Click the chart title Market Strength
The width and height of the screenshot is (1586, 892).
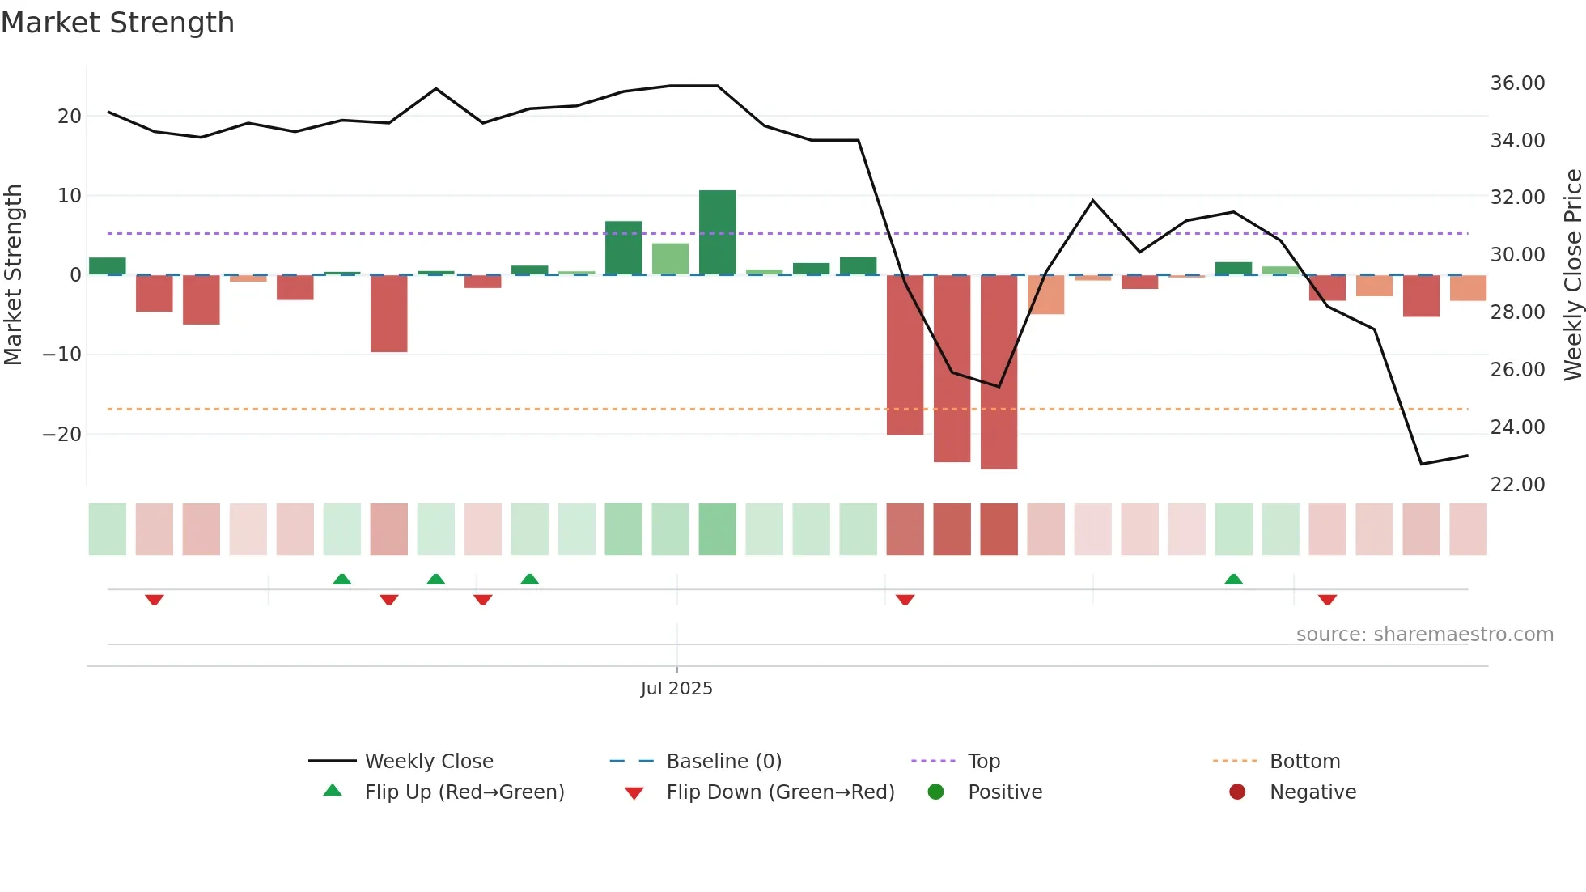click(x=117, y=23)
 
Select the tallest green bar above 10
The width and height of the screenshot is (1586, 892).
click(x=717, y=232)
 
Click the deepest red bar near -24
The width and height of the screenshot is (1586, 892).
click(x=999, y=372)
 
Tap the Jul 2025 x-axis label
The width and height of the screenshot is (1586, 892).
click(x=676, y=689)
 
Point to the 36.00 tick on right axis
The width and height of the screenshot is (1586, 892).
click(x=1517, y=83)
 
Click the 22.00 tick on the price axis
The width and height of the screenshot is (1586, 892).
click(x=1517, y=485)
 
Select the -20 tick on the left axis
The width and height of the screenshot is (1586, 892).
click(x=62, y=435)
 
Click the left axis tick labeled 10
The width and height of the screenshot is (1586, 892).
click(x=69, y=196)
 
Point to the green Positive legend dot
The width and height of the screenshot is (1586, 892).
click(x=935, y=792)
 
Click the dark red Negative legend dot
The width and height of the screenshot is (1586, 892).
click(x=1237, y=792)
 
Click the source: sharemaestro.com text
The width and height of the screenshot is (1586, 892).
click(x=1424, y=635)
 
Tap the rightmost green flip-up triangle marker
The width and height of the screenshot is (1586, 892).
click(x=1233, y=580)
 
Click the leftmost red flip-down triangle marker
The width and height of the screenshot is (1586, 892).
click(x=155, y=600)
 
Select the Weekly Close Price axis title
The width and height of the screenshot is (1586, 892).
click(x=1572, y=275)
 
